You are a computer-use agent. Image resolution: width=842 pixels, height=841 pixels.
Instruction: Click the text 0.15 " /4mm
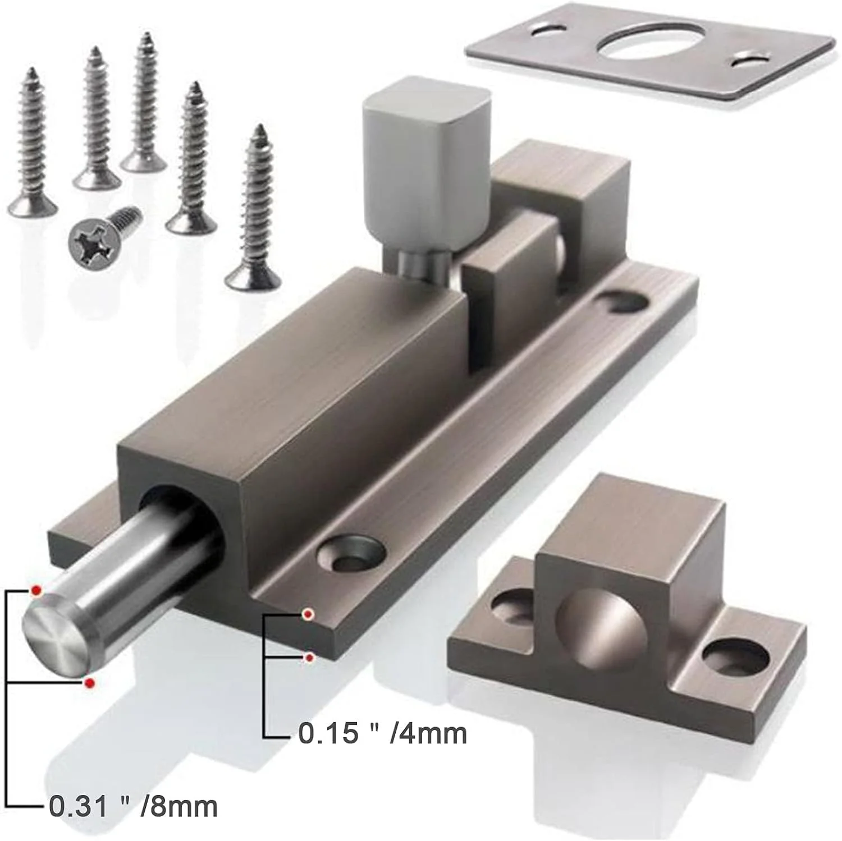(383, 733)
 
